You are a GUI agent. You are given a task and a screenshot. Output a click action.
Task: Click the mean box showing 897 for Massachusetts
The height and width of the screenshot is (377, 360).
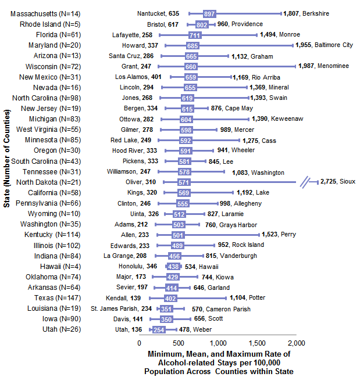pyautogui.click(x=210, y=13)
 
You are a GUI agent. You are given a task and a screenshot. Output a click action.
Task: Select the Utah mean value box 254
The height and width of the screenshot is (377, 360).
pyautogui.click(x=159, y=330)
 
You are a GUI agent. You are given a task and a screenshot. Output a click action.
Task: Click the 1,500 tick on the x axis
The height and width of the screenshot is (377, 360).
pyautogui.click(x=258, y=343)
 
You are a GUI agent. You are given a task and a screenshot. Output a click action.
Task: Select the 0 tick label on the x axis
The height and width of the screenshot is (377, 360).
pyautogui.click(x=139, y=343)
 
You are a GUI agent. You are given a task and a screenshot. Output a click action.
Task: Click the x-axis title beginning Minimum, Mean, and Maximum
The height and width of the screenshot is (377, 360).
pyautogui.click(x=219, y=362)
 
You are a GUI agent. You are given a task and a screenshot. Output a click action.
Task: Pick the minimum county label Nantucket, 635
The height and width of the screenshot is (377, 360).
pyautogui.click(x=158, y=13)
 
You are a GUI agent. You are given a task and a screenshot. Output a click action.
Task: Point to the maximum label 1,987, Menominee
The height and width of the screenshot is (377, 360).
pyautogui.click(x=324, y=66)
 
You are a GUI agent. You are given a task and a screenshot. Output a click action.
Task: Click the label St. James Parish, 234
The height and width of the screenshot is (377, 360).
pyautogui.click(x=122, y=308)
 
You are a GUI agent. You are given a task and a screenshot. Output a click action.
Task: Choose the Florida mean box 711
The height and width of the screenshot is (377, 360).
pyautogui.click(x=195, y=35)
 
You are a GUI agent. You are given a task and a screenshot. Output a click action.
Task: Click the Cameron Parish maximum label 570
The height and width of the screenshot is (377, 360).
pyautogui.click(x=201, y=308)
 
